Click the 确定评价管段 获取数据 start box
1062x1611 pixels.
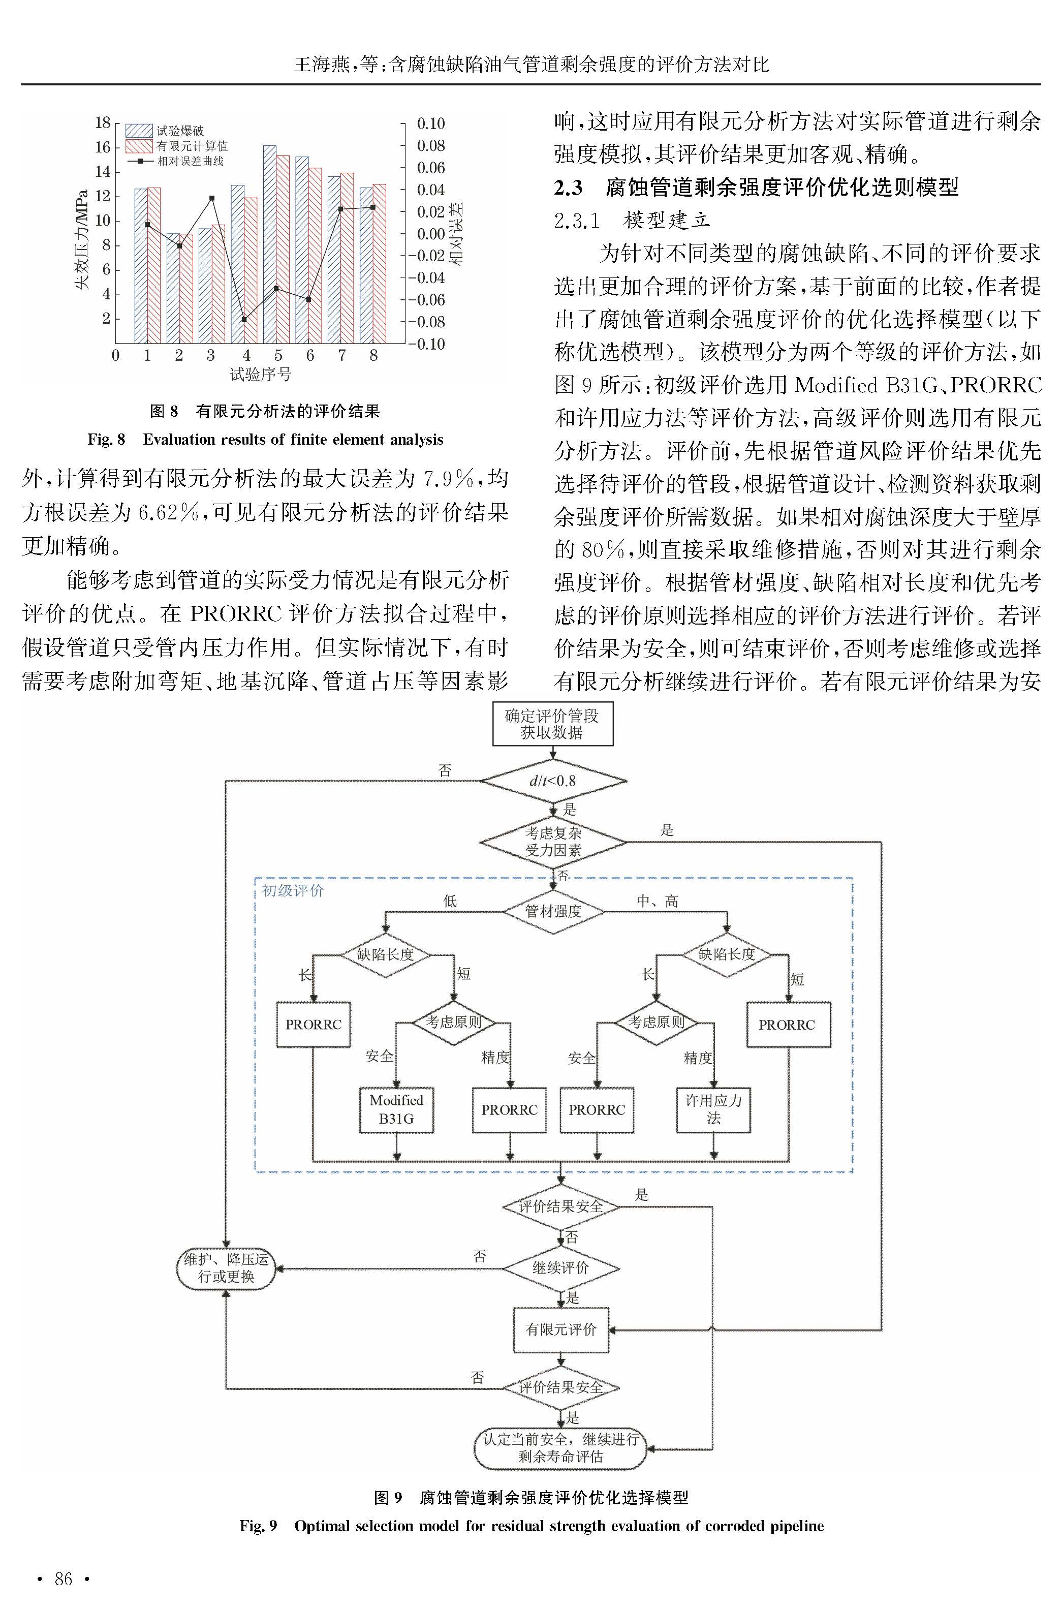553,724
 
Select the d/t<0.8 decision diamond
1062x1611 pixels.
553,781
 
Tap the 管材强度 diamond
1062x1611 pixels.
553,911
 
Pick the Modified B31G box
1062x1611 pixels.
396,1110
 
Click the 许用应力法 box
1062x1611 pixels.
713,1110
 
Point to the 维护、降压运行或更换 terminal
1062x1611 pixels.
226,1268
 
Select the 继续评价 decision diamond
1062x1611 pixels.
561,1267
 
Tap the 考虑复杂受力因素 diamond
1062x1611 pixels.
553,842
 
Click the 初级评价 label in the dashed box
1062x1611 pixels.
293,890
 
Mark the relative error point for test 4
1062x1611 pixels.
244,320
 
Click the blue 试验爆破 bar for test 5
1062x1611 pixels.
269,244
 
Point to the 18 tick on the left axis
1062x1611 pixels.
102,122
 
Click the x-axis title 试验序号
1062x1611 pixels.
260,375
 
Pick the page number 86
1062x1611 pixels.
63,1579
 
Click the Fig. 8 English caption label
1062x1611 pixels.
106,440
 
